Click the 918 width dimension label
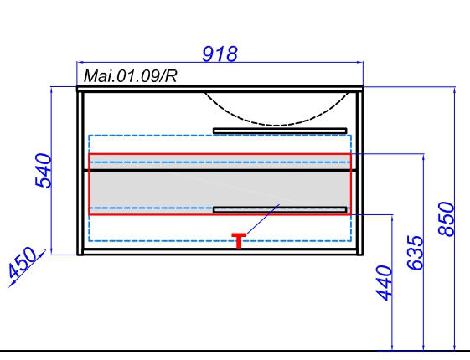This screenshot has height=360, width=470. pyautogui.click(x=220, y=54)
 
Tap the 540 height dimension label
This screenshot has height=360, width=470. pyautogui.click(x=44, y=171)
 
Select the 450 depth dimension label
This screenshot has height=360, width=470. pyautogui.click(x=23, y=263)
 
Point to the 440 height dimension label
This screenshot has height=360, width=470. pyautogui.click(x=384, y=283)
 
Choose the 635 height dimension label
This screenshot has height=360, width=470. pyautogui.click(x=416, y=253)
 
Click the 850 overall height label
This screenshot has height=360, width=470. pyautogui.click(x=447, y=219)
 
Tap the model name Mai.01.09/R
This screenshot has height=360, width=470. pyautogui.click(x=130, y=76)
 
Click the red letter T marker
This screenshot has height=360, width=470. pyautogui.click(x=239, y=241)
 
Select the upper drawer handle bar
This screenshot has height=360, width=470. pyautogui.click(x=280, y=131)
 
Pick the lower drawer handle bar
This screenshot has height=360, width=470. pyautogui.click(x=280, y=210)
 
